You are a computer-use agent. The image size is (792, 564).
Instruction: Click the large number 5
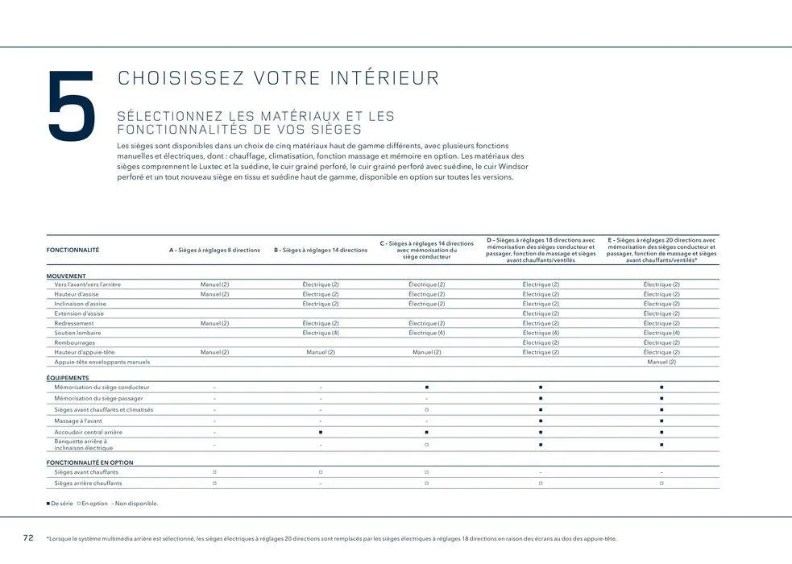click(71, 108)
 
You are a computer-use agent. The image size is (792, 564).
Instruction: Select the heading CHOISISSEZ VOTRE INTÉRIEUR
click(279, 78)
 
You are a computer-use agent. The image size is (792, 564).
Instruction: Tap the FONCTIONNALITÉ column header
click(73, 250)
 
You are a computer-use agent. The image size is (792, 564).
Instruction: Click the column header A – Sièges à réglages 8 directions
click(214, 250)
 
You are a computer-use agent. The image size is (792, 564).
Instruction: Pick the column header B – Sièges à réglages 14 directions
click(320, 250)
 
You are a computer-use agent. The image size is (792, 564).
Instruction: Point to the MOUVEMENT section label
click(66, 276)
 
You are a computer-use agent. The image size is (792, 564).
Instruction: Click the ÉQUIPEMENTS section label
click(68, 377)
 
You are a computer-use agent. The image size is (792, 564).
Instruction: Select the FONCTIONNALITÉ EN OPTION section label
click(90, 462)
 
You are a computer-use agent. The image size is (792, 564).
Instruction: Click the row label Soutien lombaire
click(77, 333)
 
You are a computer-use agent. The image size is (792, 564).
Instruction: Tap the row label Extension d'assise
click(79, 313)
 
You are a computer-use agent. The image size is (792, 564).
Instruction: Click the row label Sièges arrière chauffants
click(88, 483)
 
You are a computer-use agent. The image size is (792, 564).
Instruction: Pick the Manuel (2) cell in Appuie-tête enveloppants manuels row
click(661, 362)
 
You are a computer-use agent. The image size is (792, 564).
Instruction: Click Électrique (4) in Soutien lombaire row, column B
click(320, 333)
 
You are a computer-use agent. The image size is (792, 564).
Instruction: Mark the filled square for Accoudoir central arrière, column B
click(321, 433)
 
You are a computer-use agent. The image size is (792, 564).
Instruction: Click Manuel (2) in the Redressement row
click(214, 323)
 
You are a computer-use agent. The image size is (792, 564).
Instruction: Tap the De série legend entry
click(60, 504)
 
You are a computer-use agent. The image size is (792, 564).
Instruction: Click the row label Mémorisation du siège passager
click(98, 398)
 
